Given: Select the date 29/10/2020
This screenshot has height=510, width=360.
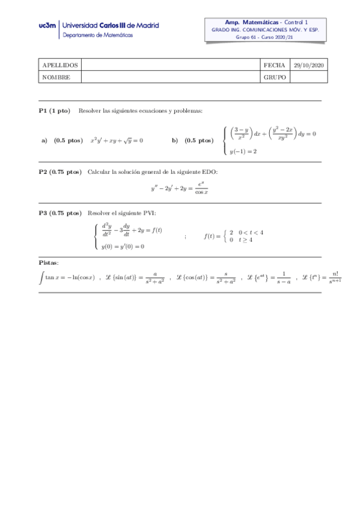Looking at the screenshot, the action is pyautogui.click(x=307, y=66).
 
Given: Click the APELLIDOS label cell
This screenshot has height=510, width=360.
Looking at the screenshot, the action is pyautogui.click(x=59, y=66).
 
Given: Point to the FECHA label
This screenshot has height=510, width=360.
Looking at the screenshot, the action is pyautogui.click(x=274, y=66).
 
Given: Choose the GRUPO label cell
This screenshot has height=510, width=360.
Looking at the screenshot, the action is pyautogui.click(x=274, y=77).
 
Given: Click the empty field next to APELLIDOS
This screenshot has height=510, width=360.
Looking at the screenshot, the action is pyautogui.click(x=170, y=66).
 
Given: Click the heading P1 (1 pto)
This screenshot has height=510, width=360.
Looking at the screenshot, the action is pyautogui.click(x=55, y=111).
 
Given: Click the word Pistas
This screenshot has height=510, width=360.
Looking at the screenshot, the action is pyautogui.click(x=49, y=263).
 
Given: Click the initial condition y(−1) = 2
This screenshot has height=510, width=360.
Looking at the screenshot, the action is pyautogui.click(x=244, y=152).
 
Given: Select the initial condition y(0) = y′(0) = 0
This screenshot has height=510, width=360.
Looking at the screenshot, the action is pyautogui.click(x=123, y=246).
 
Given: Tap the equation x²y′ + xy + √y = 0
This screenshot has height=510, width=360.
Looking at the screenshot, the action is pyautogui.click(x=117, y=140).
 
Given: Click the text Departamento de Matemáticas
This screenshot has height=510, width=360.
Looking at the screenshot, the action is pyautogui.click(x=98, y=35).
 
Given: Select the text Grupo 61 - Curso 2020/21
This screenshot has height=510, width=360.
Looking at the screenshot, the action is pyautogui.click(x=264, y=37).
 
